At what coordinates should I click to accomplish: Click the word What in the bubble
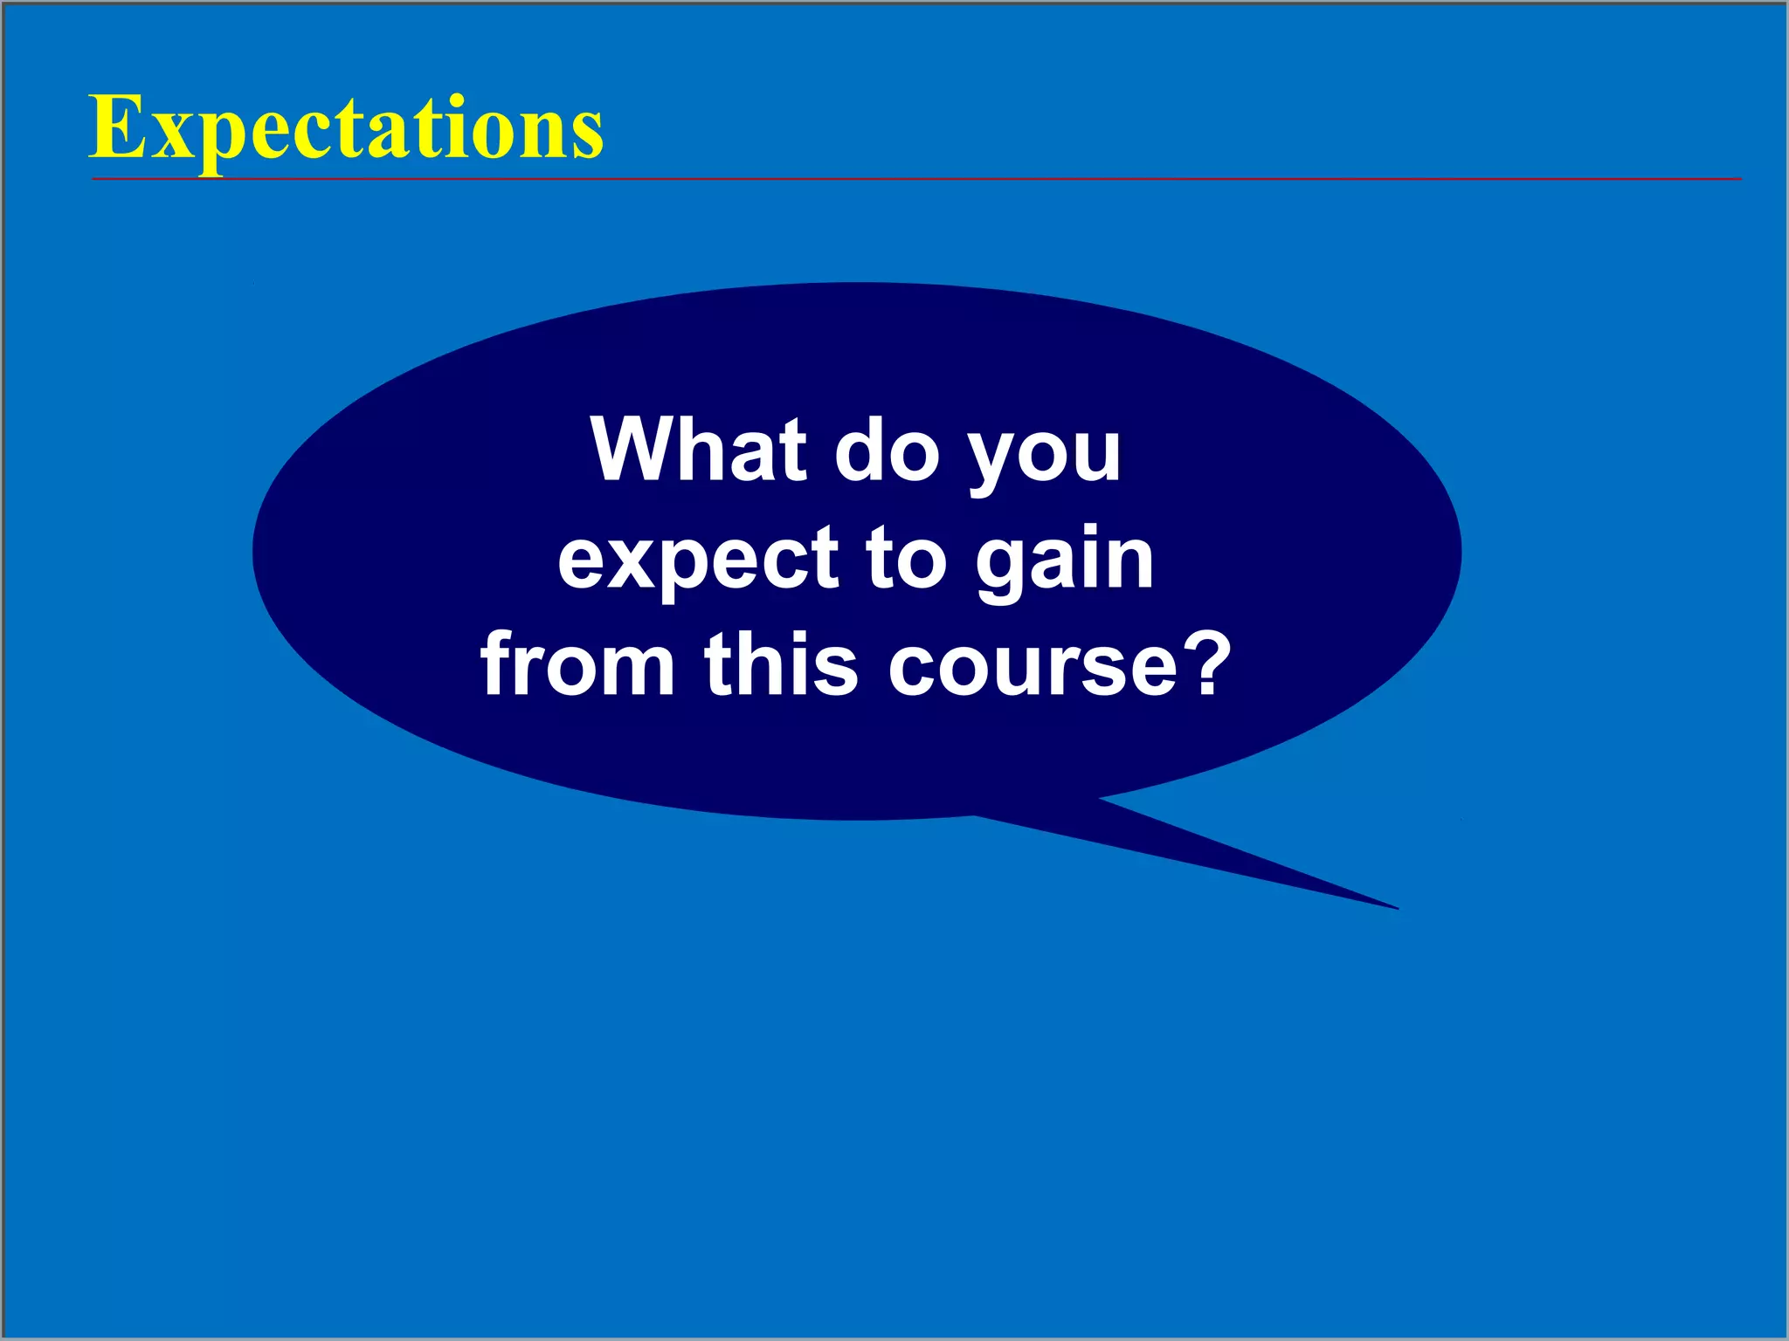(x=699, y=451)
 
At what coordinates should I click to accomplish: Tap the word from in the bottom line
(x=577, y=665)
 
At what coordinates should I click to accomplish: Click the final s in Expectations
(x=588, y=137)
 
